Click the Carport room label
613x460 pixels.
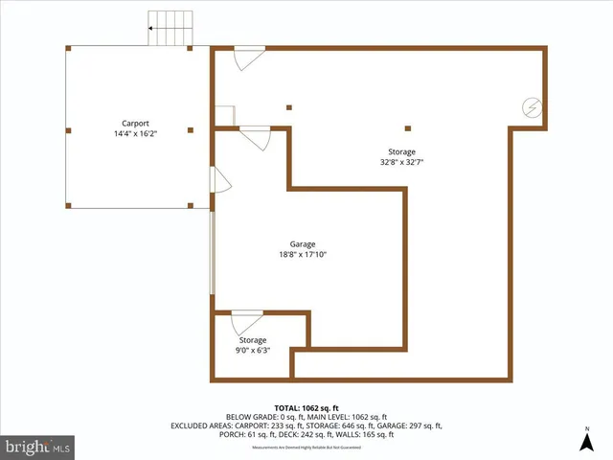(134, 123)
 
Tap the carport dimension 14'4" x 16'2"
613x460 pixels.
(134, 134)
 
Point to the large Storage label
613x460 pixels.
(401, 151)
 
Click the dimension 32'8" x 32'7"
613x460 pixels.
(401, 162)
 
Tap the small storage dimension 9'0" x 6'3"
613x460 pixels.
(253, 350)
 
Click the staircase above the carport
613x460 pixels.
(170, 29)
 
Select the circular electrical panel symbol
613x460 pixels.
(531, 108)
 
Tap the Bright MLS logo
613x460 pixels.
(38, 447)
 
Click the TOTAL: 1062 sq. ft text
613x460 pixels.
(306, 407)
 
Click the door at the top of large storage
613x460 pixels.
(249, 57)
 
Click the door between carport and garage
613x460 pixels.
(219, 180)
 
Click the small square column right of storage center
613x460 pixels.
(408, 127)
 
